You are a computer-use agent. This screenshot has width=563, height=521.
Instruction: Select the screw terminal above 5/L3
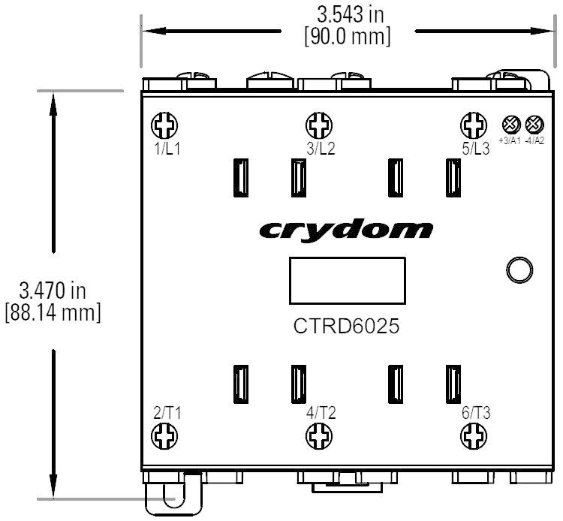472,124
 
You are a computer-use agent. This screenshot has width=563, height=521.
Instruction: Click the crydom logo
346,230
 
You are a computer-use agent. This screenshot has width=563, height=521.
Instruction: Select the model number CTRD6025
347,328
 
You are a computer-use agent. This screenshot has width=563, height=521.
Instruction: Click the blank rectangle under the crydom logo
347,282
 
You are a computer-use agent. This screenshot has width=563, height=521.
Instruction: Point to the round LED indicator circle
519,270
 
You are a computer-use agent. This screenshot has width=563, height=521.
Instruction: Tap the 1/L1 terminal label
167,149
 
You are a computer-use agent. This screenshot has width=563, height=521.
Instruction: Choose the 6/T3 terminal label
476,411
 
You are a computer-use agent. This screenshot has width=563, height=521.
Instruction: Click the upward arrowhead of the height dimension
53,101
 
